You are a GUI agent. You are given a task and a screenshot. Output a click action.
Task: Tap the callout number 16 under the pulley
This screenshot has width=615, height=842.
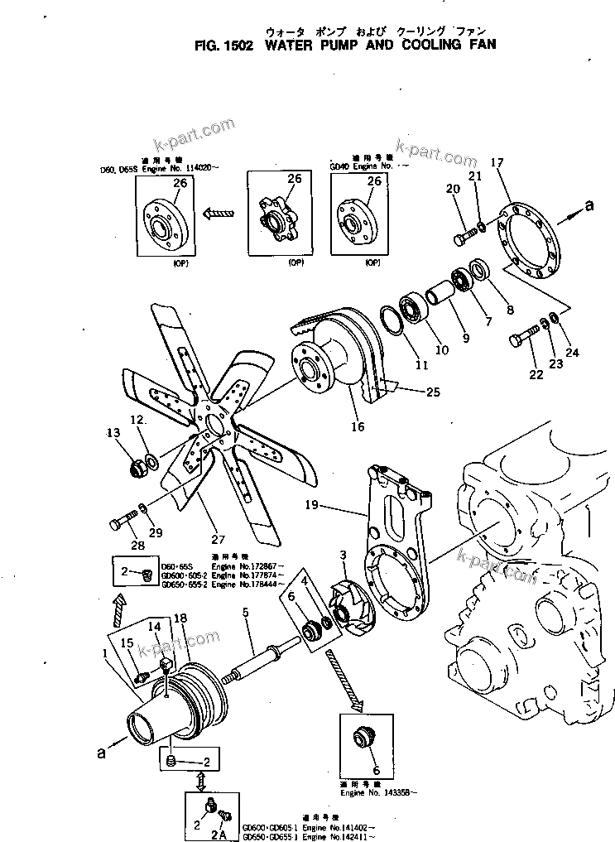click(357, 427)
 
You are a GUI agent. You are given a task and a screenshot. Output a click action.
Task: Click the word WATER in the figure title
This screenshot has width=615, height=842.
click(291, 45)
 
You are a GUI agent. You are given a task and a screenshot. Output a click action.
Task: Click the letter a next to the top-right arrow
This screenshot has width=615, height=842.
click(589, 208)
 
